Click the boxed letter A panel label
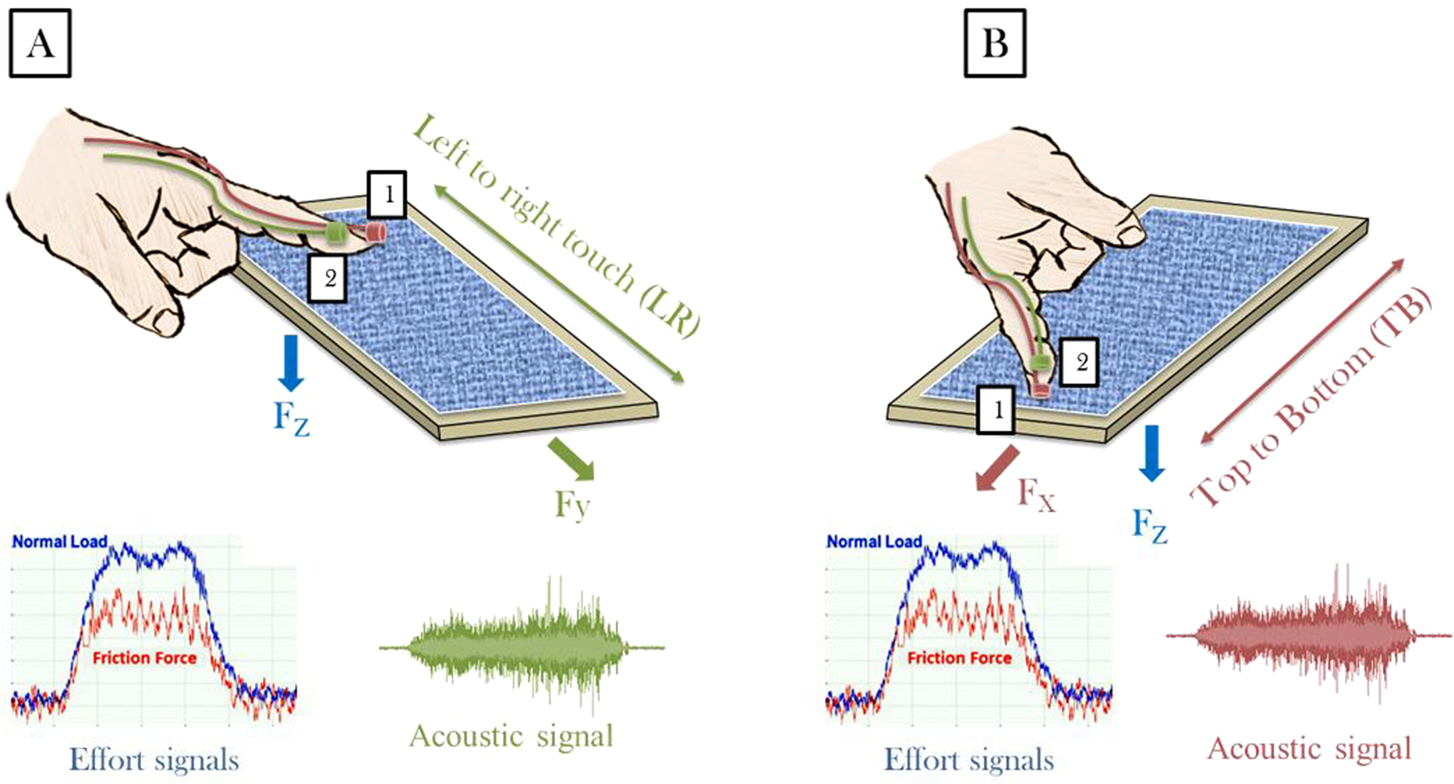pos(40,44)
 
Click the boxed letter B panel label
pos(995,43)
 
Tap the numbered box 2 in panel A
pos(330,279)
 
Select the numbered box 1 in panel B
pos(996,410)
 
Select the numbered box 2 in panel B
pos(1080,360)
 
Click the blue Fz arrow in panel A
pos(291,362)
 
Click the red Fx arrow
pos(998,467)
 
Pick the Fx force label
pos(1036,495)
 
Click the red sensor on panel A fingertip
pos(375,233)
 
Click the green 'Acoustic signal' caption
pos(511,735)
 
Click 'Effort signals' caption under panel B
pos(969,759)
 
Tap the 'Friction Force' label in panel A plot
pos(145,658)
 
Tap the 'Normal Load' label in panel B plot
pos(873,541)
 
